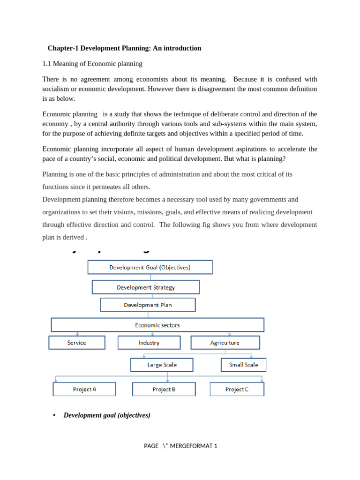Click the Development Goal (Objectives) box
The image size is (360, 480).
pyautogui.click(x=150, y=267)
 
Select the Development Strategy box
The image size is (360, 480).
pyautogui.click(x=146, y=287)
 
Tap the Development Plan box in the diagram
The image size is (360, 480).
pyautogui.click(x=148, y=305)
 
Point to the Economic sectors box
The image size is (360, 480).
pyautogui.click(x=157, y=325)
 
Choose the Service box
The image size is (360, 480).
pyautogui.click(x=77, y=343)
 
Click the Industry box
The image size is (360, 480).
pyautogui.click(x=149, y=343)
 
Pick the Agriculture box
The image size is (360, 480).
pyautogui.click(x=225, y=343)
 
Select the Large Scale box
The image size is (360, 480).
pyautogui.click(x=162, y=365)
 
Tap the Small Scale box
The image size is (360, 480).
pyautogui.click(x=243, y=365)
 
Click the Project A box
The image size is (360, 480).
pyautogui.click(x=84, y=389)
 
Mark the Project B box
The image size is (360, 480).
pyautogui.click(x=164, y=389)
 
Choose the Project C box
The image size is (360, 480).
pyautogui.click(x=237, y=389)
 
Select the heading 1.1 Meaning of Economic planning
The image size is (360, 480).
pyautogui.click(x=92, y=63)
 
